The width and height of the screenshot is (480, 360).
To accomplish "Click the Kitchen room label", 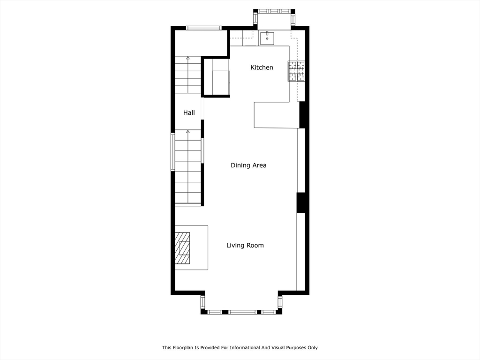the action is click(262, 67).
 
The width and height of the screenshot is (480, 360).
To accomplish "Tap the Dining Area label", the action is click(248, 165).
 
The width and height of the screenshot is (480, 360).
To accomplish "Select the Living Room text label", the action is click(245, 245).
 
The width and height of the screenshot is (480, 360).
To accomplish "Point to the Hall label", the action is click(189, 112).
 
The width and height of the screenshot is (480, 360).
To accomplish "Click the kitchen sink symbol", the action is click(267, 37).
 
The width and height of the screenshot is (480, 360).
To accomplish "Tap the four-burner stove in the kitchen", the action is click(296, 71).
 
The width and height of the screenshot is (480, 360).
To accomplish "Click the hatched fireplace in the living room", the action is click(182, 248).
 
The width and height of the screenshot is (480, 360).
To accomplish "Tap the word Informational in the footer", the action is click(245, 347).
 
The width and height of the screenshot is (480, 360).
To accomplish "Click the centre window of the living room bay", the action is click(242, 312).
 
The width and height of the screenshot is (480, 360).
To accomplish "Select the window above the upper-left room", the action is click(203, 28).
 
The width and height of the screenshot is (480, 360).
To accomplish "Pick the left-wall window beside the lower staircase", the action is click(172, 151).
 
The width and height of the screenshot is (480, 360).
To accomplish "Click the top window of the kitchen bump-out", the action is click(274, 11).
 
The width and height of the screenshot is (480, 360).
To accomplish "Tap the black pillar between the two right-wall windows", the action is click(301, 202).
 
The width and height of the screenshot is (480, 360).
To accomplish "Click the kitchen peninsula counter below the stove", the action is click(277, 115).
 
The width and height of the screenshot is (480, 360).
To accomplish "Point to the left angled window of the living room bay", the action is click(202, 302).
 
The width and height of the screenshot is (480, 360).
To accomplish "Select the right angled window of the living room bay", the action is click(280, 302).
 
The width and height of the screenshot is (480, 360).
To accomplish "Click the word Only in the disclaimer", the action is click(313, 347).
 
